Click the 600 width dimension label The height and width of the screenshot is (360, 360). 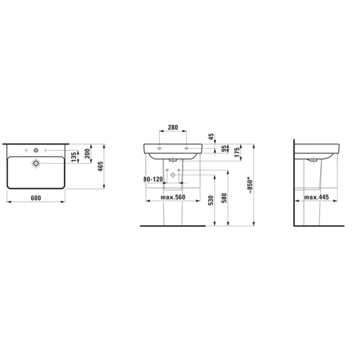[36, 198]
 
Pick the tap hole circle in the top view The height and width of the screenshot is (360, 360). [36, 149]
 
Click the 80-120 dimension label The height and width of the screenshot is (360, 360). [153, 179]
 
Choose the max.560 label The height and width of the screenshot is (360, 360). [173, 197]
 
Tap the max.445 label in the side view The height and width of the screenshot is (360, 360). [317, 197]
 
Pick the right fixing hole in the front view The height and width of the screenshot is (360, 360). [186, 148]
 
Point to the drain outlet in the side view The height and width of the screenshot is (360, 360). [311, 160]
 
